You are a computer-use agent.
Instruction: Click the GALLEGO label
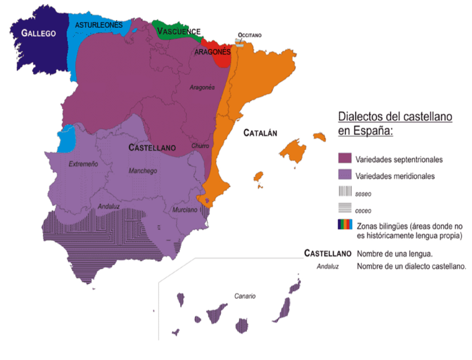pyautogui.click(x=38, y=33)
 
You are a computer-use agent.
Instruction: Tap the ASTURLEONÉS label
pyautogui.click(x=99, y=25)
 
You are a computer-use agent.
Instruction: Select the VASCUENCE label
pyautogui.click(x=178, y=32)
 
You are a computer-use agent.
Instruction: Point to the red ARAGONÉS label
pyautogui.click(x=213, y=52)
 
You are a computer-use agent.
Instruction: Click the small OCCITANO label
pyautogui.click(x=249, y=35)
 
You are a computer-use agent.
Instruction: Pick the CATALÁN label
pyautogui.click(x=260, y=133)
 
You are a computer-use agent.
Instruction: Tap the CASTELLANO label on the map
pyautogui.click(x=152, y=148)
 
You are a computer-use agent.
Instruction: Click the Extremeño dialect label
pyautogui.click(x=83, y=164)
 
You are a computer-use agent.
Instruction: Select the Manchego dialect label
pyautogui.click(x=142, y=171)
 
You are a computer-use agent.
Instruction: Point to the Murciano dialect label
pyautogui.click(x=185, y=210)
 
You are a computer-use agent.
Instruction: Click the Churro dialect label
pyautogui.click(x=200, y=146)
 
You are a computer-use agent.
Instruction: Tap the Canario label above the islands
pyautogui.click(x=245, y=296)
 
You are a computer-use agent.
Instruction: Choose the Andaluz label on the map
pyautogui.click(x=109, y=206)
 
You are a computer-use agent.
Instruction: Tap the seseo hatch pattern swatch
pyautogui.click(x=345, y=193)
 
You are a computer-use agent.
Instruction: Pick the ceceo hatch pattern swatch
pyautogui.click(x=345, y=209)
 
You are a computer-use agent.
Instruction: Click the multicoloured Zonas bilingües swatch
pyautogui.click(x=345, y=225)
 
